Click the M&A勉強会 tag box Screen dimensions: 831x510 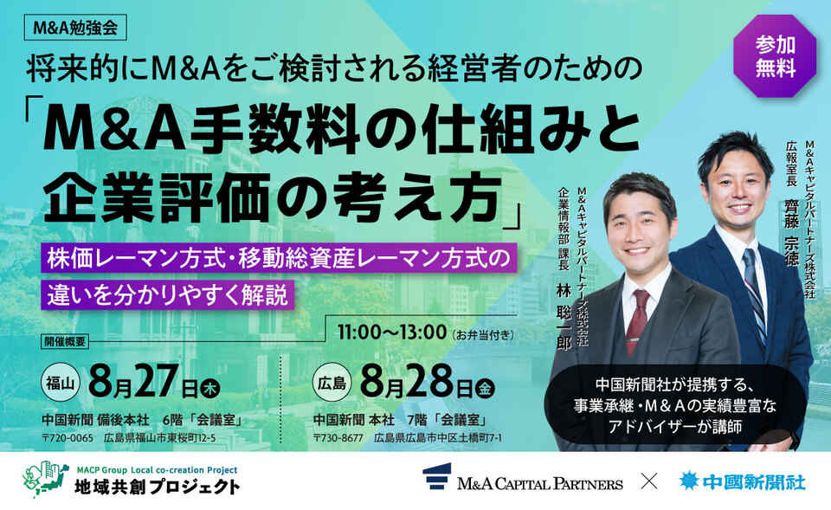pyautogui.click(x=76, y=28)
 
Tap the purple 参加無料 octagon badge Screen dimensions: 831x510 pyautogui.click(x=775, y=56)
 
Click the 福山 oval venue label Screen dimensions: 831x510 pyautogui.click(x=61, y=383)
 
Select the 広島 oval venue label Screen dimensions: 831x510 pyautogui.click(x=332, y=383)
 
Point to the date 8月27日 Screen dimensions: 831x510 pyautogui.click(x=143, y=382)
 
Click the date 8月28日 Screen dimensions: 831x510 pyautogui.click(x=417, y=382)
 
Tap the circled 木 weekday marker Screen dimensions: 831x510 pyautogui.click(x=210, y=390)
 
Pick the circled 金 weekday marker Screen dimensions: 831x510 pyautogui.click(x=485, y=390)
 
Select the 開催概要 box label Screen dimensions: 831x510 pyautogui.click(x=65, y=341)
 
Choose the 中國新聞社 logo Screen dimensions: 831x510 pyautogui.click(x=742, y=481)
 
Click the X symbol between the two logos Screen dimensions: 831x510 pyautogui.click(x=649, y=481)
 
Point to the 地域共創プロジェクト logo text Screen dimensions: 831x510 pyautogui.click(x=157, y=486)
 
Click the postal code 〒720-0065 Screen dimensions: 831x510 pyautogui.click(x=68, y=438)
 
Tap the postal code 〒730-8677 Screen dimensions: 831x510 pyautogui.click(x=338, y=438)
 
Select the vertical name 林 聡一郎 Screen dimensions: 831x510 pyautogui.click(x=564, y=317)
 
